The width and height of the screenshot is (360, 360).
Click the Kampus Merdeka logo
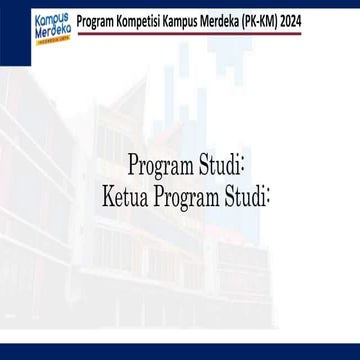(x=30, y=23)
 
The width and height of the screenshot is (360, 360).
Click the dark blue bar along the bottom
(x=180, y=352)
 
